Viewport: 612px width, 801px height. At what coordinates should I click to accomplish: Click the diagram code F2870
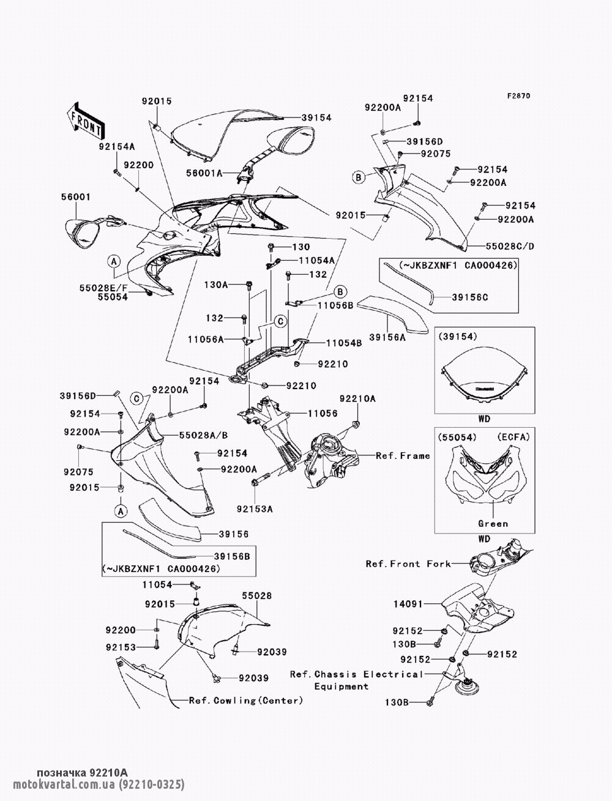518,96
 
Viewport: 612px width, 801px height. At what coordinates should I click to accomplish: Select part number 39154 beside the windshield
316,117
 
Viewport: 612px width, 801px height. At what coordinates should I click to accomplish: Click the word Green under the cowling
493,523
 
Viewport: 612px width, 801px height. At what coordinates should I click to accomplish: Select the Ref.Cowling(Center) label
246,700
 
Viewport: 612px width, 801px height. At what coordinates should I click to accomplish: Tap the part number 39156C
470,297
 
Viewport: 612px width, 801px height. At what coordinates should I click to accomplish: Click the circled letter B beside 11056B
340,291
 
